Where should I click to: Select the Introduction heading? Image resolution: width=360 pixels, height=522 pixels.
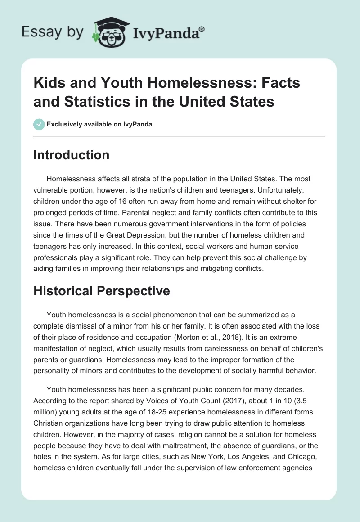click(x=71, y=155)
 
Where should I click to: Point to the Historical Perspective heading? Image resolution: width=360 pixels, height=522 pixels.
click(x=102, y=291)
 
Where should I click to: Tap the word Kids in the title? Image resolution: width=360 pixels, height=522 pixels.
click(x=49, y=83)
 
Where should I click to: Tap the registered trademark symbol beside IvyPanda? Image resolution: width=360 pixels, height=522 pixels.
click(x=202, y=28)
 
